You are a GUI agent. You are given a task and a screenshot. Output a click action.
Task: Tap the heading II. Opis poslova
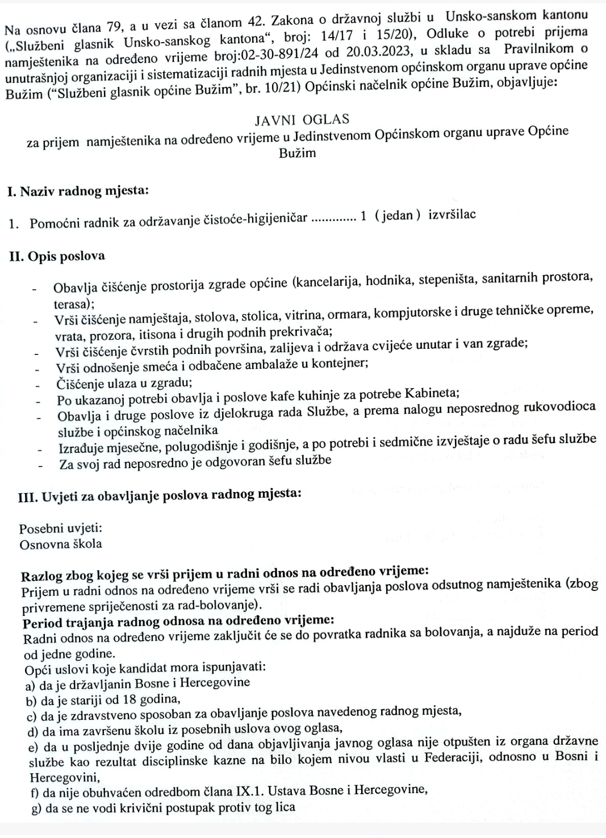57,256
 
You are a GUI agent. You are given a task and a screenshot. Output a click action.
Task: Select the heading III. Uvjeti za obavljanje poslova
160,494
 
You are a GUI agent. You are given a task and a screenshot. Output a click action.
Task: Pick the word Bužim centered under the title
297,153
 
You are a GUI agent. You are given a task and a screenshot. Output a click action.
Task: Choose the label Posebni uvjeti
61,529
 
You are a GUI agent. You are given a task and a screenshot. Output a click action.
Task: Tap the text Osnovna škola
61,544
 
